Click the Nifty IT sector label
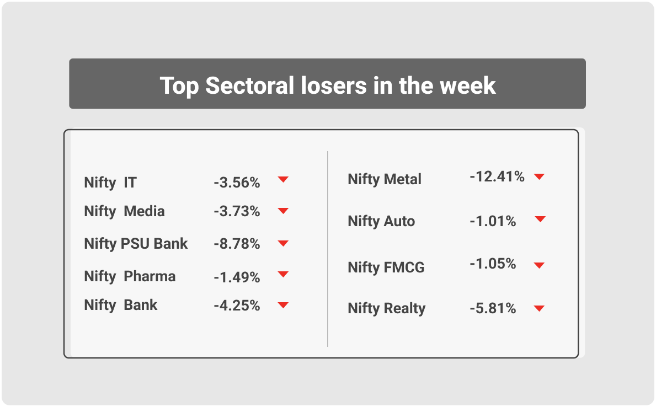[110, 183]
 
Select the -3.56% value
[237, 183]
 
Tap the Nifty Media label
[124, 211]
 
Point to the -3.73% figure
[237, 211]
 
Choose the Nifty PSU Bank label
[136, 244]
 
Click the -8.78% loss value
[237, 244]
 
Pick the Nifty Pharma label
[130, 276]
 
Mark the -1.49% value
[237, 277]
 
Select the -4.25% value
[237, 306]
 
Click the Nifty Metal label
[385, 179]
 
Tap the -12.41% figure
[497, 176]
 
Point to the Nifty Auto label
[381, 221]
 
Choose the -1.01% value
[493, 221]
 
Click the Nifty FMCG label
[386, 267]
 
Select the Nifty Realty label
[387, 308]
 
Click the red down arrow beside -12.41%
[539, 176]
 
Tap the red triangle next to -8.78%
[283, 243]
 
